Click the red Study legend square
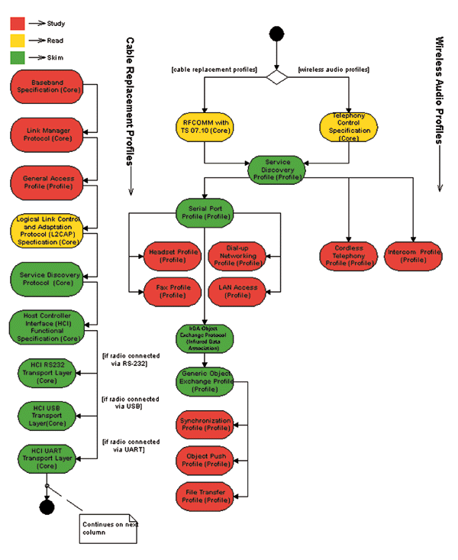click(x=18, y=24)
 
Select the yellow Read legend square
click(x=18, y=40)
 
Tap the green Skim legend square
click(x=18, y=57)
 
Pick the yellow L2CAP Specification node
click(x=51, y=230)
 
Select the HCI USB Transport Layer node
click(x=51, y=415)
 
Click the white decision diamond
click(x=276, y=76)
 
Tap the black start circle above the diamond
click(x=276, y=33)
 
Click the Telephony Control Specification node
click(x=348, y=127)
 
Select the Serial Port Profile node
click(x=205, y=212)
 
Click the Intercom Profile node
click(x=414, y=256)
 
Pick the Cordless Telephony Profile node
click(x=348, y=256)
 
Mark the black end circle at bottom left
click(x=47, y=507)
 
